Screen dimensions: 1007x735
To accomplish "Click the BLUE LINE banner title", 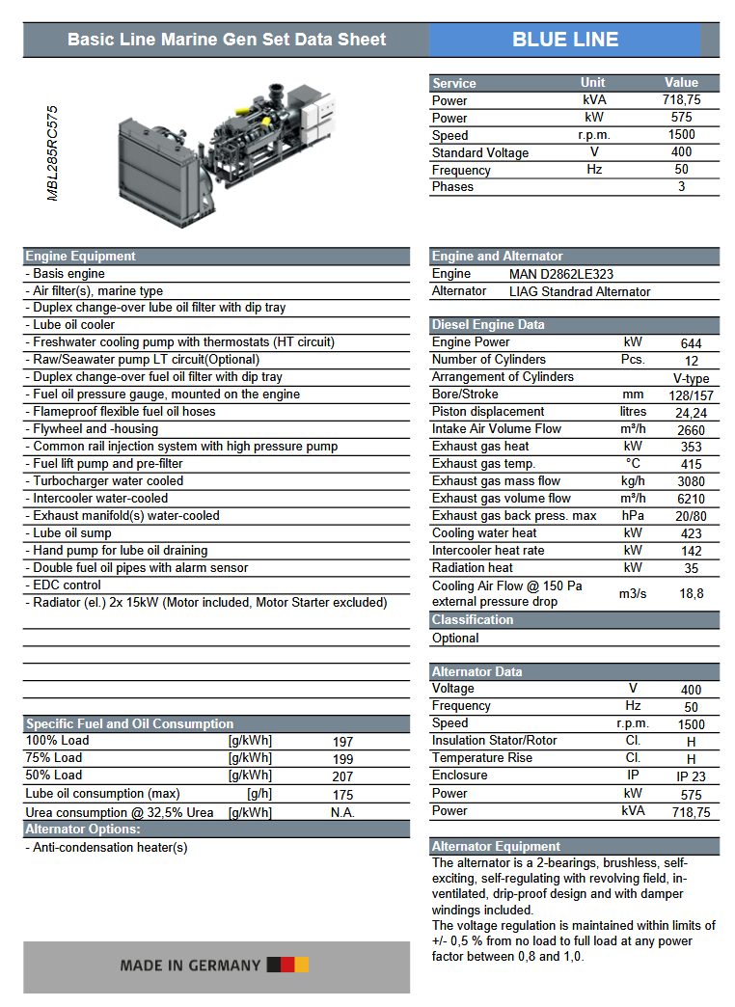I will [x=565, y=40].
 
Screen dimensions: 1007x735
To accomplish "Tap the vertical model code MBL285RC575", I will [x=53, y=153].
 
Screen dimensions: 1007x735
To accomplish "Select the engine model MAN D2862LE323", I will [x=561, y=274].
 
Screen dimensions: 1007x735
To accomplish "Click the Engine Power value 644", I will [x=691, y=343].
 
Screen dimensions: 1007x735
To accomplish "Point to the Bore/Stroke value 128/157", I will [x=691, y=395].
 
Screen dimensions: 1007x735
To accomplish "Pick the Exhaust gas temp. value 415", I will [x=691, y=464].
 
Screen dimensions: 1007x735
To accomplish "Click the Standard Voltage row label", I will [x=480, y=152].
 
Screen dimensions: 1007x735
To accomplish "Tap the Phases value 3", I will [x=681, y=186].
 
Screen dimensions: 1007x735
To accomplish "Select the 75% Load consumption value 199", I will [x=342, y=759].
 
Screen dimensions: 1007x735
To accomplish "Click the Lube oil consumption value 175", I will [x=342, y=795].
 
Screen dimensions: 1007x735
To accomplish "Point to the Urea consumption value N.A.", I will [x=342, y=812].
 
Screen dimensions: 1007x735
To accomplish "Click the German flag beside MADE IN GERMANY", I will [x=287, y=965].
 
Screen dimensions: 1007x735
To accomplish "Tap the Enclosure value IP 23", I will [x=691, y=776].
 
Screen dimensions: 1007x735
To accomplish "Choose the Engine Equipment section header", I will [x=81, y=257].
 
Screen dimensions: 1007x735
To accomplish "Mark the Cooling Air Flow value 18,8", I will [x=691, y=594].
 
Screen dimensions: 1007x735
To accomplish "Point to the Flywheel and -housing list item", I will [x=95, y=429].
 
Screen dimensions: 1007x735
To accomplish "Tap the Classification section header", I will [x=473, y=620].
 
